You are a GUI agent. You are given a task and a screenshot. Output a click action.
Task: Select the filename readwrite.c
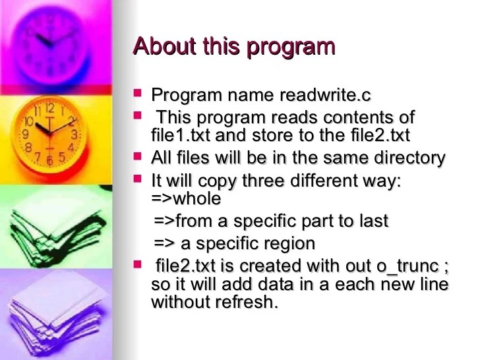[x=326, y=96]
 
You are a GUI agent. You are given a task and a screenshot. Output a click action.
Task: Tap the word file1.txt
[x=181, y=135]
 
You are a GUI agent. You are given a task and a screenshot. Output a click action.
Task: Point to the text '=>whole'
[x=187, y=198]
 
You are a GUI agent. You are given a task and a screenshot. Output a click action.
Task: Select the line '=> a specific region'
[x=234, y=243]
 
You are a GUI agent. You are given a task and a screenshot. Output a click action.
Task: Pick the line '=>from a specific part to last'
[x=270, y=221]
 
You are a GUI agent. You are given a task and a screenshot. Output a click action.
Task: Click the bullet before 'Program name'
[x=137, y=93]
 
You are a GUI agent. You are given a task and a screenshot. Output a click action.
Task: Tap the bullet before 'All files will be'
[x=137, y=156]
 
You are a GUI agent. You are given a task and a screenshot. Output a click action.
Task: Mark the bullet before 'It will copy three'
[x=137, y=178]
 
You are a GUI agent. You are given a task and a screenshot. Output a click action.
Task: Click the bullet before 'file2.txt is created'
[x=137, y=264]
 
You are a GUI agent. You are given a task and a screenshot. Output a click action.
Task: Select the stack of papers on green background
[x=53, y=224]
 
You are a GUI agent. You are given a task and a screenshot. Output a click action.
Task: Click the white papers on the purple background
[x=53, y=310]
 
